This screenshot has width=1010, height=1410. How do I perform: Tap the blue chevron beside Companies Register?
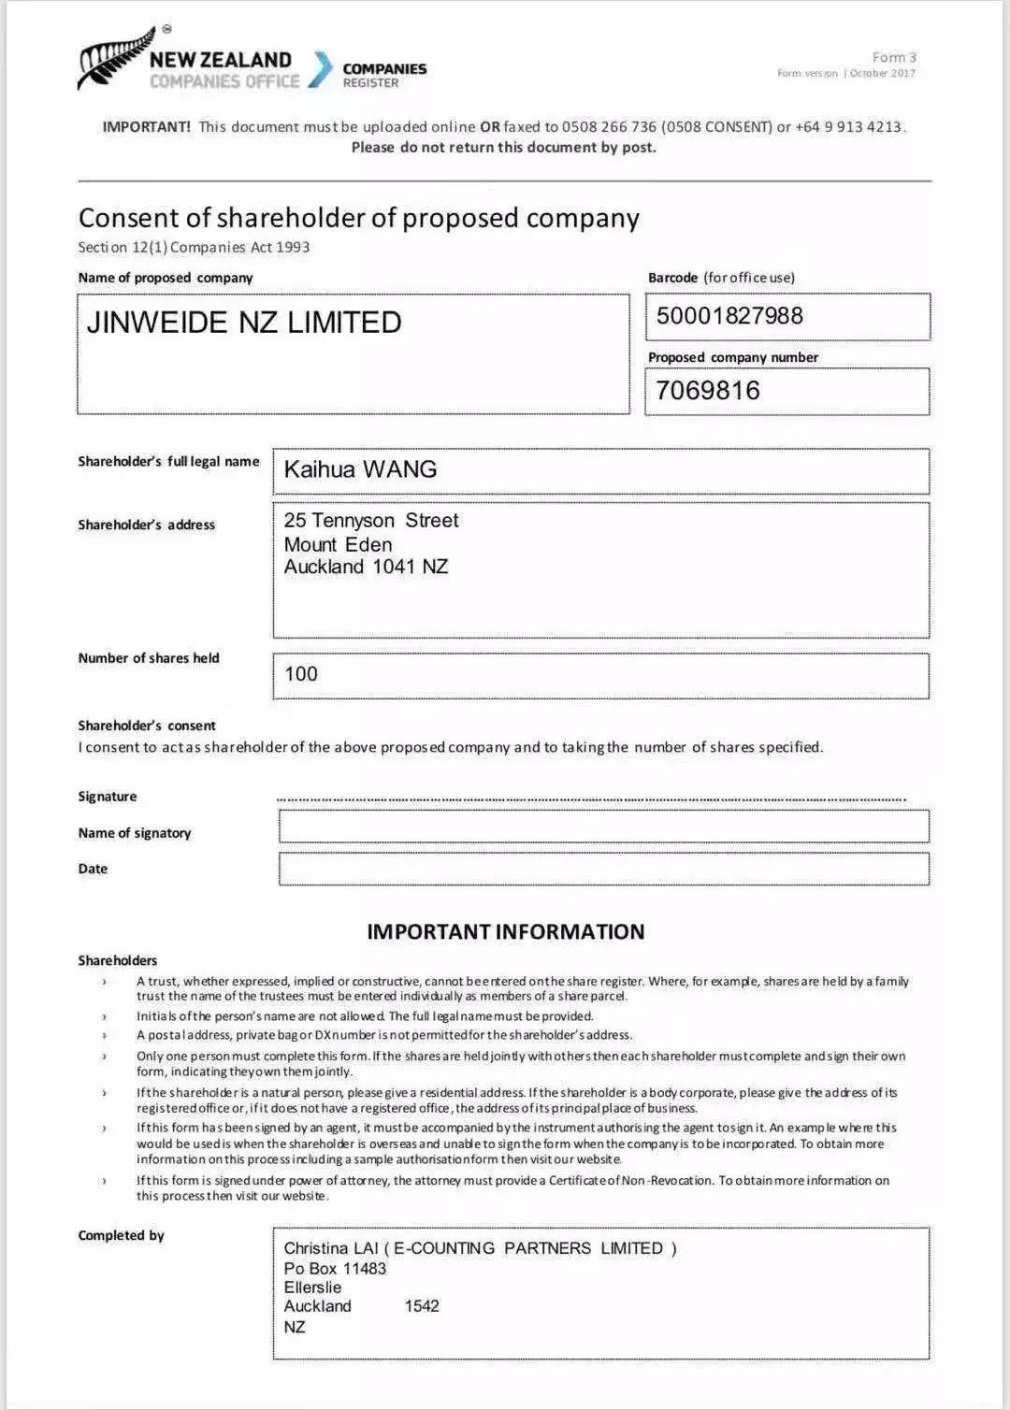tap(321, 69)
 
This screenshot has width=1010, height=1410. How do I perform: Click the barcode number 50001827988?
tap(729, 316)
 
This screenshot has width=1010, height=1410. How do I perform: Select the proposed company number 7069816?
tap(708, 391)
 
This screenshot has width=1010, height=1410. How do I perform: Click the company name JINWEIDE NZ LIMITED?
tap(244, 323)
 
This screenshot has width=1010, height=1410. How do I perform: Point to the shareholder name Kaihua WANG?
tap(360, 469)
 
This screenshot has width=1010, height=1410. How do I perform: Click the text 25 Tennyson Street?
tap(371, 521)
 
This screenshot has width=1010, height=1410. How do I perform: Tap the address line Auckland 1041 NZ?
tap(366, 567)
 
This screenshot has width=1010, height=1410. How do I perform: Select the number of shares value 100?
tap(301, 674)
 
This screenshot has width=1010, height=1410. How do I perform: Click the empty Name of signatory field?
tap(603, 827)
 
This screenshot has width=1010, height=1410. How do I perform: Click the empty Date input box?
tap(603, 869)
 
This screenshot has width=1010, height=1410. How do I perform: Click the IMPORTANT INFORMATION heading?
tap(505, 931)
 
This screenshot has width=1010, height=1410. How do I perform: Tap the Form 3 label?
tap(894, 58)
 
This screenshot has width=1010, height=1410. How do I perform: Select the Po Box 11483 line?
tap(335, 1269)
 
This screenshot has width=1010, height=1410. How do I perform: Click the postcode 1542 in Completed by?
tap(422, 1306)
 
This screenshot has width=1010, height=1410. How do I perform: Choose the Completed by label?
tap(121, 1235)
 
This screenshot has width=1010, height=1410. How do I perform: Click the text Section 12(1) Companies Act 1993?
tap(194, 248)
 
